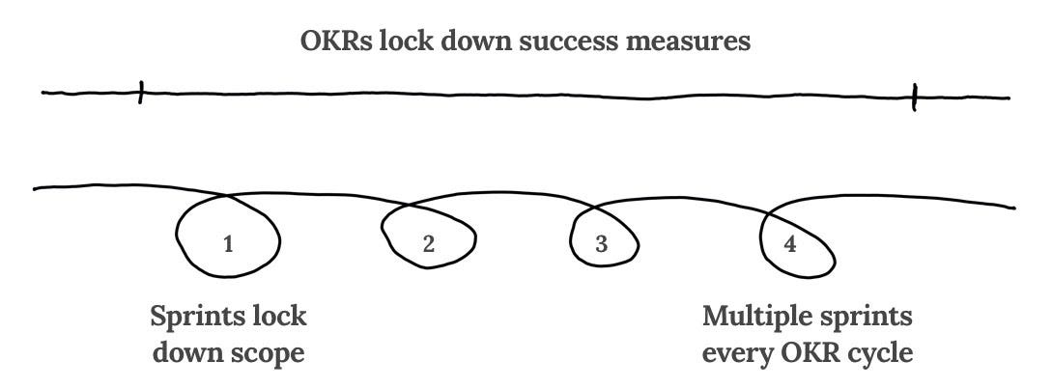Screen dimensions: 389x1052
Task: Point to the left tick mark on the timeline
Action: [x=141, y=93]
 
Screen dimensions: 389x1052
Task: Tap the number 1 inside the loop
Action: [x=228, y=244]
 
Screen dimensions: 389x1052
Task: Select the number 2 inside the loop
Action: [x=429, y=244]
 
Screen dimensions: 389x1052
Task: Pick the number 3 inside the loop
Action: [x=601, y=244]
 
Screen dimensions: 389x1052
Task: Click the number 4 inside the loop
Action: [x=790, y=244]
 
